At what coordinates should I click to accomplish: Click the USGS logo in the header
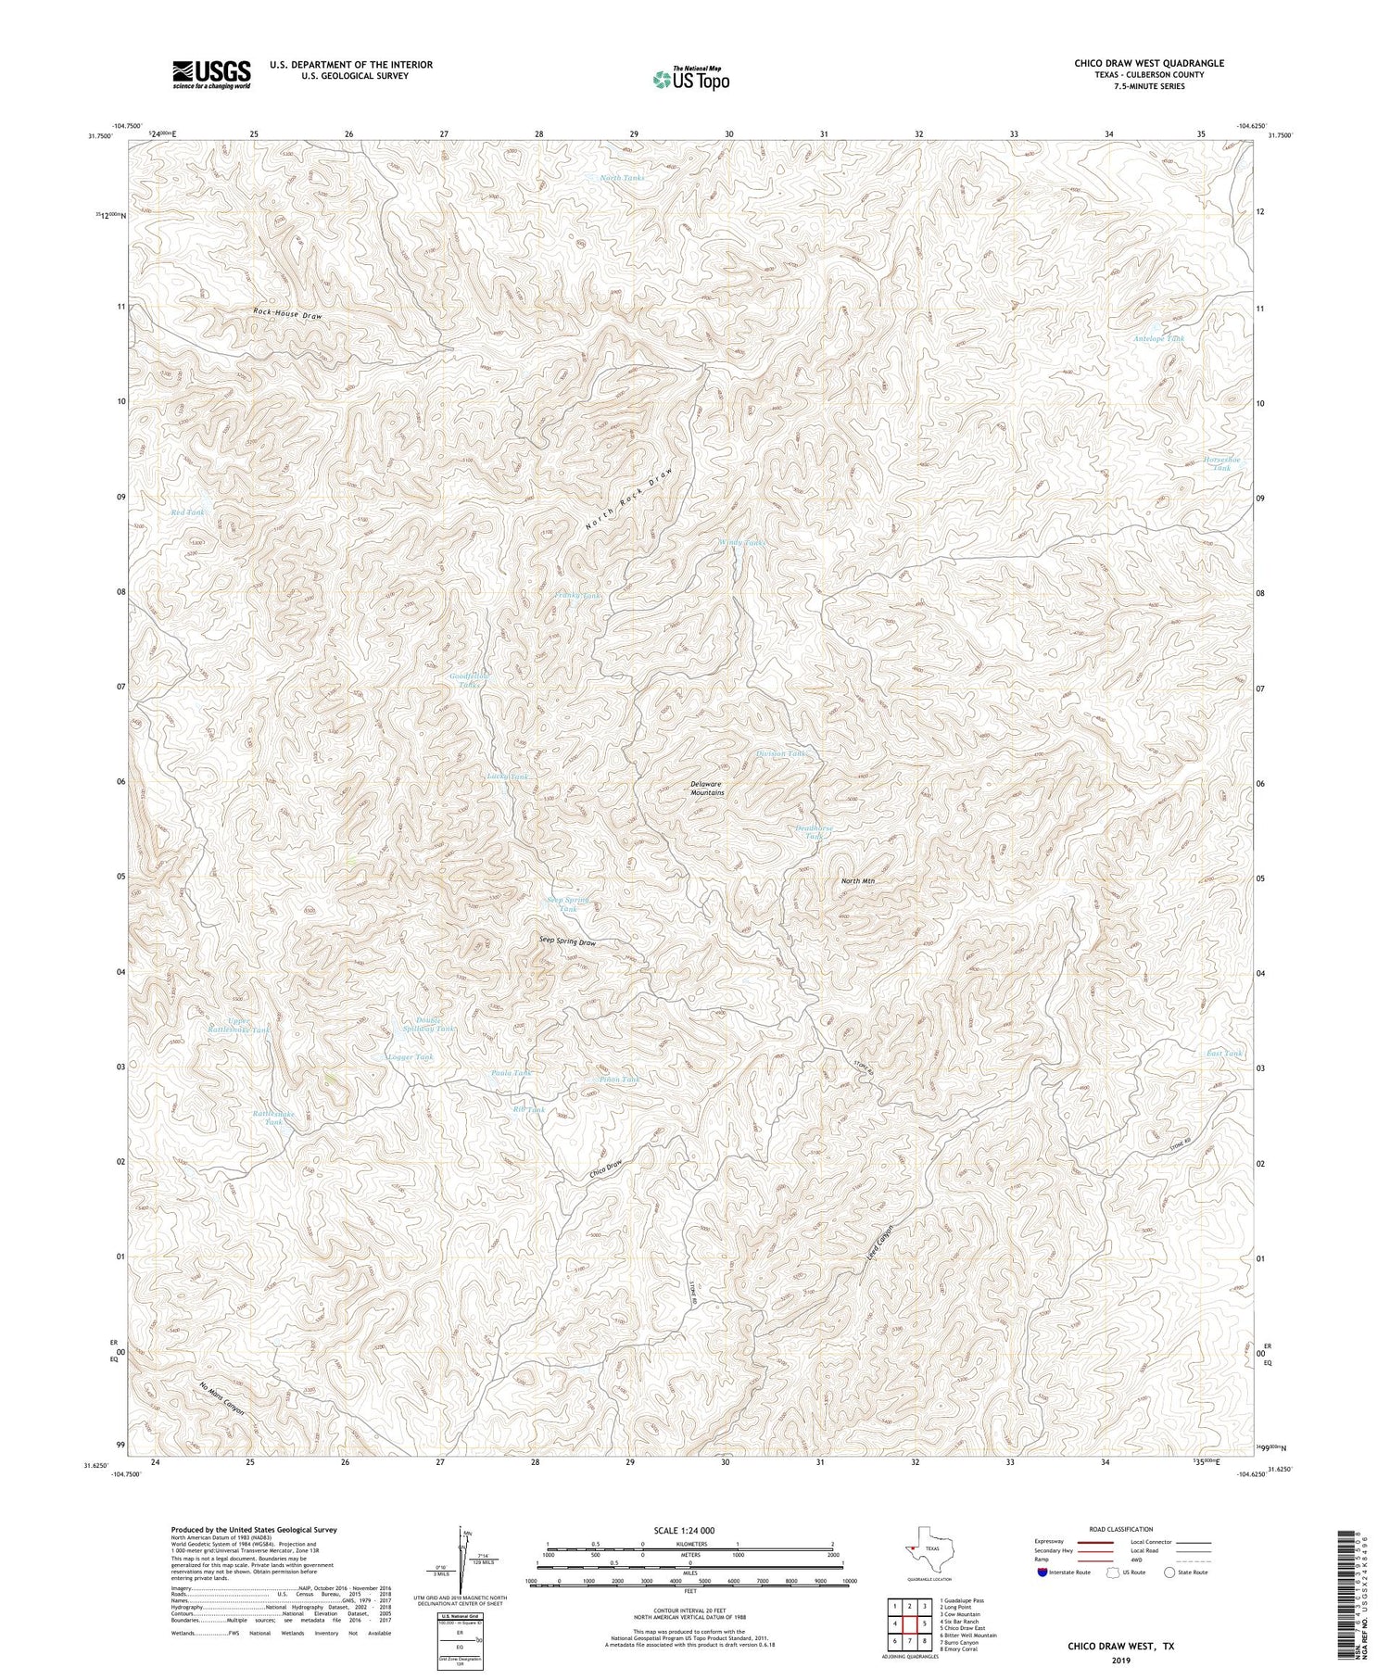point(210,74)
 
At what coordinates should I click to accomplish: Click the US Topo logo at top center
point(690,79)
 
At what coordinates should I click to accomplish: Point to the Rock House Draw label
point(287,315)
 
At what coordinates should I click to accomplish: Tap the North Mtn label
point(857,880)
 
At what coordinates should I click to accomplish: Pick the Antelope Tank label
point(1158,339)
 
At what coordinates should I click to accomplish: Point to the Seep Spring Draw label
point(567,941)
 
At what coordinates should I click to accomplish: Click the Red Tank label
point(186,512)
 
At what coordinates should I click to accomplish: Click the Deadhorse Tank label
point(815,832)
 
